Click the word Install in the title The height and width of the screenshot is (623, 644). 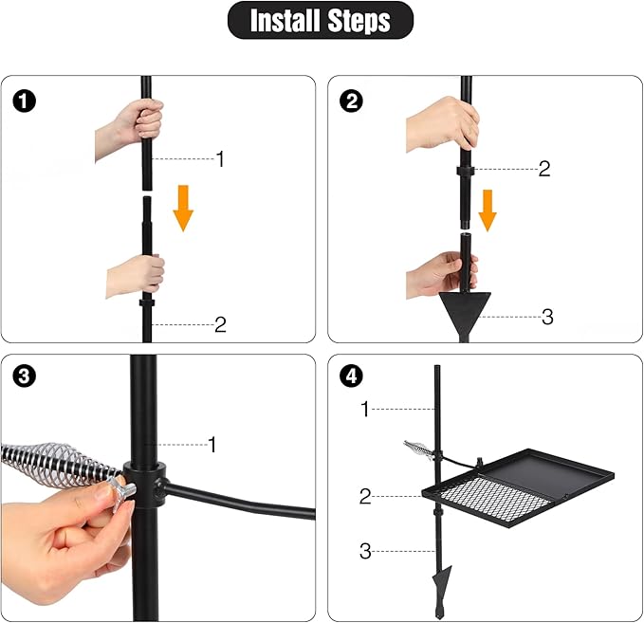pos(285,21)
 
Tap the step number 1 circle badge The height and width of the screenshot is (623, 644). pos(25,101)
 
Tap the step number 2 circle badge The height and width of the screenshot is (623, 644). pos(352,101)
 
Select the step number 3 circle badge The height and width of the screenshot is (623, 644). pos(25,376)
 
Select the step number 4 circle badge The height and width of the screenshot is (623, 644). pos(352,376)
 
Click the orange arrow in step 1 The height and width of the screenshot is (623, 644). pos(183,209)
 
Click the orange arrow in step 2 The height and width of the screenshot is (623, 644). pos(488,211)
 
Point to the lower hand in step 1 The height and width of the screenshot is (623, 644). pos(136,274)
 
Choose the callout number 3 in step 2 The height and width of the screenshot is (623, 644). pos(547,317)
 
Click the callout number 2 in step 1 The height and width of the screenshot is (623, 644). pos(221,325)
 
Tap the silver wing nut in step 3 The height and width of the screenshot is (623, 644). pos(121,491)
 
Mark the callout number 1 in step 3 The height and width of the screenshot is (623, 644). pos(212,445)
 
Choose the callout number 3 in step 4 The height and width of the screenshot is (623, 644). pos(365,551)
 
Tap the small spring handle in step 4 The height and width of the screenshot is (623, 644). pos(417,449)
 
